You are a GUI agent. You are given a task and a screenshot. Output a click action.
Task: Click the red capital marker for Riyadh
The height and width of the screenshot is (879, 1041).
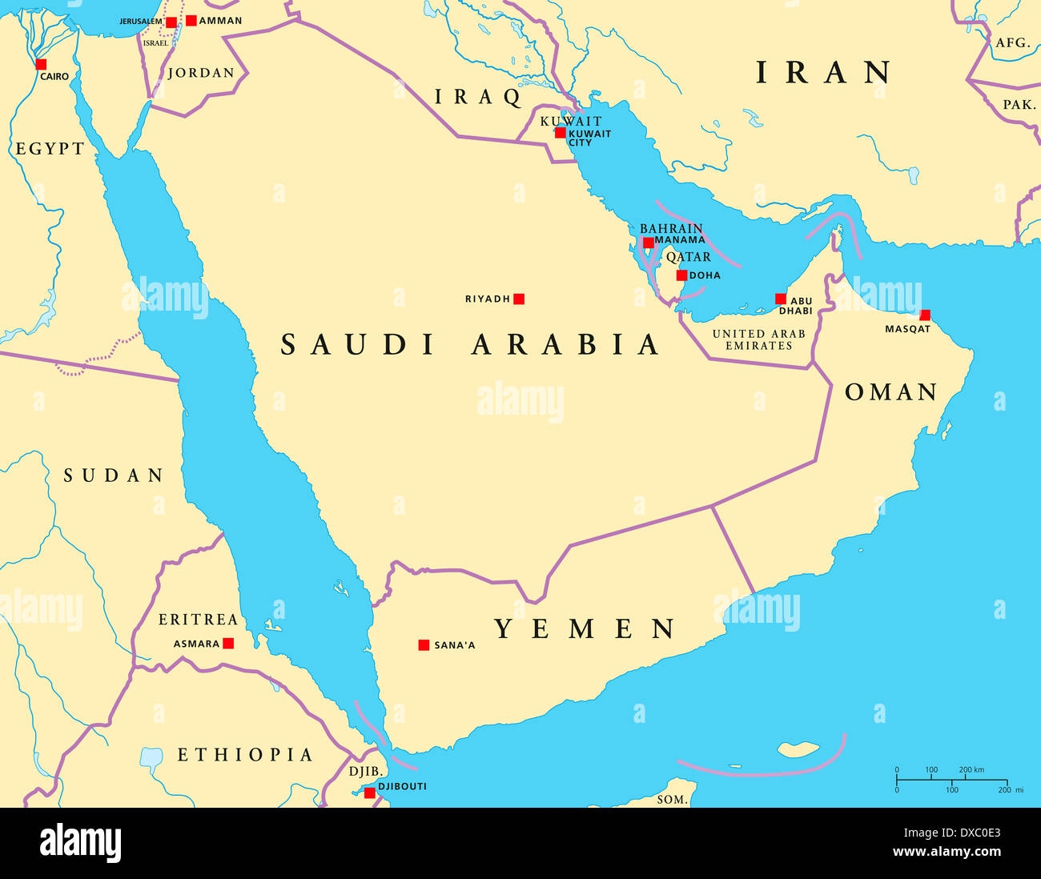pyautogui.click(x=519, y=299)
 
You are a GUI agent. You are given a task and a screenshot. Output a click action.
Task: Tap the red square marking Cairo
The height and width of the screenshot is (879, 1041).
pyautogui.click(x=41, y=64)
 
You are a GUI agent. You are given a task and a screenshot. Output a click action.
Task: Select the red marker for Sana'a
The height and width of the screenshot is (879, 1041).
pyautogui.click(x=424, y=644)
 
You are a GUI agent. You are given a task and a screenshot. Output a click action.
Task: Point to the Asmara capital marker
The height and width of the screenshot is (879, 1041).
pyautogui.click(x=228, y=643)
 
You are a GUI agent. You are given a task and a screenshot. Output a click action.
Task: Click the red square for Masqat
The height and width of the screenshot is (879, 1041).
pyautogui.click(x=925, y=315)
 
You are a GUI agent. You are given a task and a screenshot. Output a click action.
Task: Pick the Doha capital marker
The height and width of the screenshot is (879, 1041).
pyautogui.click(x=681, y=275)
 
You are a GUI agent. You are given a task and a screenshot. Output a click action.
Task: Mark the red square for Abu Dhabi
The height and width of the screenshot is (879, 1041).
pyautogui.click(x=781, y=299)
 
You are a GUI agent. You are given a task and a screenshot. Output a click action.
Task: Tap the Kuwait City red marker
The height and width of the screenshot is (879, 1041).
pyautogui.click(x=561, y=133)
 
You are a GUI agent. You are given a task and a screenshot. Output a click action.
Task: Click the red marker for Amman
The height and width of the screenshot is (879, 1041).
pyautogui.click(x=191, y=20)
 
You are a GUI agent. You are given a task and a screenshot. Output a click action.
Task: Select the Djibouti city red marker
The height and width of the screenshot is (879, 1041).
pyautogui.click(x=370, y=793)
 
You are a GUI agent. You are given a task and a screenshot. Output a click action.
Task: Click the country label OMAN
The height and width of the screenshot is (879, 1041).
pyautogui.click(x=891, y=392)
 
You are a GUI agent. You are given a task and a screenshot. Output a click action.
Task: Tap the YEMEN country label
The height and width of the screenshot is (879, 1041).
pyautogui.click(x=585, y=629)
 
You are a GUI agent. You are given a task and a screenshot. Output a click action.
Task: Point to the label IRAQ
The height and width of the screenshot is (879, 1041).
pyautogui.click(x=478, y=98)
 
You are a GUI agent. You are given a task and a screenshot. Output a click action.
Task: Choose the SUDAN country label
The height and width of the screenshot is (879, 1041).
pyautogui.click(x=114, y=476)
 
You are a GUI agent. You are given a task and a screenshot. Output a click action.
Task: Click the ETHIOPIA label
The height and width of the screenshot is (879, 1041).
pyautogui.click(x=245, y=755)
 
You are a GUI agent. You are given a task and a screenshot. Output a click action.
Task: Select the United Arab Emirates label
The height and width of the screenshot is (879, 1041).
pyautogui.click(x=758, y=339)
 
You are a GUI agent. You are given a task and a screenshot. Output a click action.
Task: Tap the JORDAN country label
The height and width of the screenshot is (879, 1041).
pyautogui.click(x=201, y=73)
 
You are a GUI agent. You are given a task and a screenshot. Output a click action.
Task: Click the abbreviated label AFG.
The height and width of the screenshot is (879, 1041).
pyautogui.click(x=1012, y=43)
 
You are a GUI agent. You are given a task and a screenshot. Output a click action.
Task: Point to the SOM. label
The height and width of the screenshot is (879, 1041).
pyautogui.click(x=671, y=799)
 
